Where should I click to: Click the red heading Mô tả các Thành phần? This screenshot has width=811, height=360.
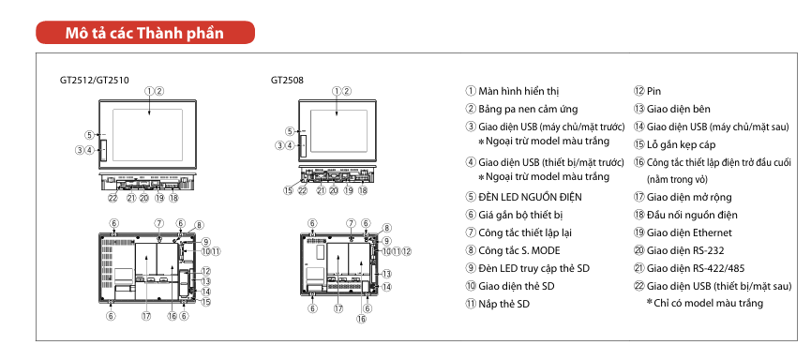pyautogui.click(x=144, y=33)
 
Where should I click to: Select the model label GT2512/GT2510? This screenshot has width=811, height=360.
pyautogui.click(x=94, y=81)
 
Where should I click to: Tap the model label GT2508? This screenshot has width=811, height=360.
pyautogui.click(x=287, y=81)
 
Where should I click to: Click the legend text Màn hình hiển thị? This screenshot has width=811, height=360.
pyautogui.click(x=518, y=92)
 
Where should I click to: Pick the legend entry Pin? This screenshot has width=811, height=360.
pyautogui.click(x=653, y=92)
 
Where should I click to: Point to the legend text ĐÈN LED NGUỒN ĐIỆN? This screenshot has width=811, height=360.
pyautogui.click(x=530, y=197)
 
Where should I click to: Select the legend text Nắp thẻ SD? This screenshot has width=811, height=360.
pyautogui.click(x=504, y=304)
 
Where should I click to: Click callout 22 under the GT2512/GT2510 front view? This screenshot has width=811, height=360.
pyautogui.click(x=113, y=198)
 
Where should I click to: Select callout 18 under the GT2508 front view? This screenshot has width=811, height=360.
pyautogui.click(x=363, y=190)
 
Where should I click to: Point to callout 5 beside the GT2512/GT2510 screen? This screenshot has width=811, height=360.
pyautogui.click(x=89, y=136)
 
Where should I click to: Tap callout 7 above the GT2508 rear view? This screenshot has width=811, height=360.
pyautogui.click(x=352, y=223)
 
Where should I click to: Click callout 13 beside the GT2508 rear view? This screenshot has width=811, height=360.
pyautogui.click(x=386, y=274)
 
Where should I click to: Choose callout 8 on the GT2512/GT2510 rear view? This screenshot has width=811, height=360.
pyautogui.click(x=199, y=225)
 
